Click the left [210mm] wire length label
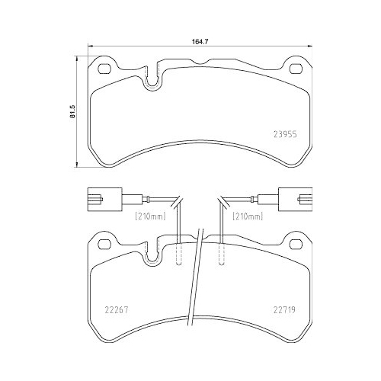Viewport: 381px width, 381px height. (x=152, y=216)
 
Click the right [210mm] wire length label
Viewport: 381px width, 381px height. (x=248, y=216)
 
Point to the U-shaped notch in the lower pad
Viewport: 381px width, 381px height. (x=154, y=256)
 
